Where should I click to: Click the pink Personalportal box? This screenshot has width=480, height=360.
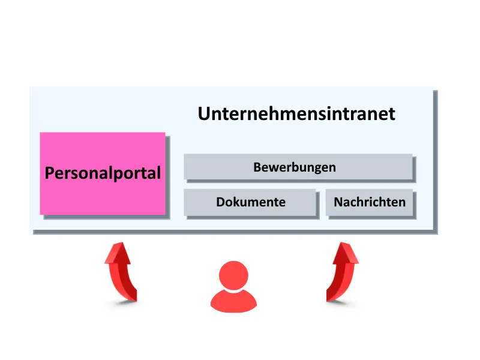[103, 173]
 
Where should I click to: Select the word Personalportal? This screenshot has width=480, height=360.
[103, 173]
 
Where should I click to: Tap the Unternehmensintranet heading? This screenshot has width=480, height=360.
[296, 113]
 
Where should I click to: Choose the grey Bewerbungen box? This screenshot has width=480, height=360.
[298, 167]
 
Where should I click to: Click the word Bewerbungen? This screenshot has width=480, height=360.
[295, 168]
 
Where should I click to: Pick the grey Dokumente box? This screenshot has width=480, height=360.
[250, 202]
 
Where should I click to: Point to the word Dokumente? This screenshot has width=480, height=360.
[251, 202]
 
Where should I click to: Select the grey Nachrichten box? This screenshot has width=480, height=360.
[369, 202]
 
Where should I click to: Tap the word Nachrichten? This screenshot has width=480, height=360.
[370, 202]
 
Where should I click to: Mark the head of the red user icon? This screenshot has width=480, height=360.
[233, 275]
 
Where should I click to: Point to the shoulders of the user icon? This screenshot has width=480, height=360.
[233, 301]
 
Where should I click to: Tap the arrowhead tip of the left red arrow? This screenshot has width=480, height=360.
[122, 242]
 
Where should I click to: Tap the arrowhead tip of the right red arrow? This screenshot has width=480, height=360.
[341, 242]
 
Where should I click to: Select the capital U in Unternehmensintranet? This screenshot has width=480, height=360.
[203, 114]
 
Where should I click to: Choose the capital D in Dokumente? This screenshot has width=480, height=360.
[221, 202]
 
